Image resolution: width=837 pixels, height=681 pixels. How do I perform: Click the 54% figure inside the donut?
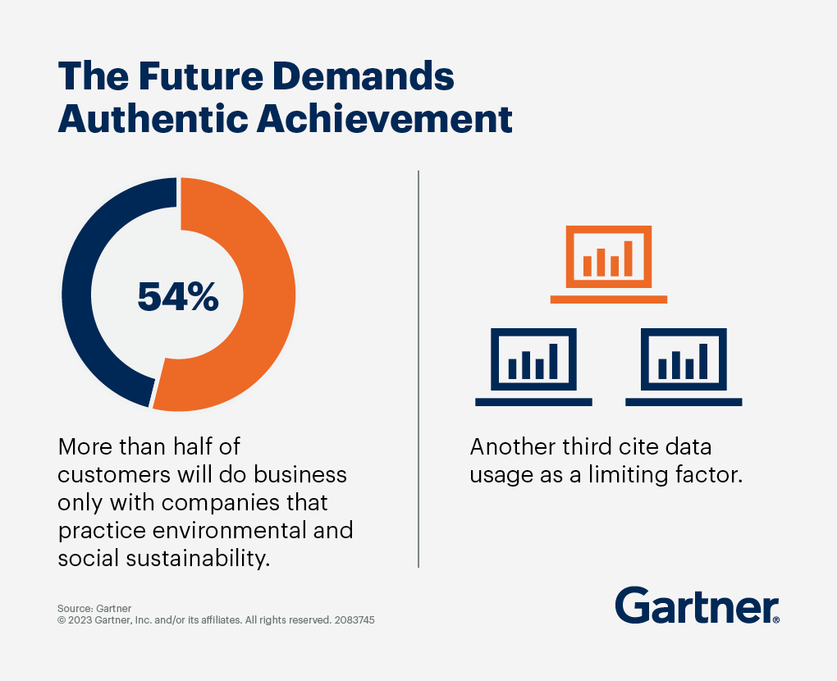point(177,296)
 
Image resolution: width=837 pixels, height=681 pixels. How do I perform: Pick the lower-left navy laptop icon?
point(533,367)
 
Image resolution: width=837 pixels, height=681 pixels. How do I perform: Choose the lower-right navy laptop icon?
point(684,367)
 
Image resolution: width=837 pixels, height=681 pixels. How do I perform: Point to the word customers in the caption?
point(106,475)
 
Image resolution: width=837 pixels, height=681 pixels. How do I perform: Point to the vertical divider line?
point(418,369)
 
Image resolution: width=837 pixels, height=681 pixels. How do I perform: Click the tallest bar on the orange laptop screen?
point(628,258)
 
